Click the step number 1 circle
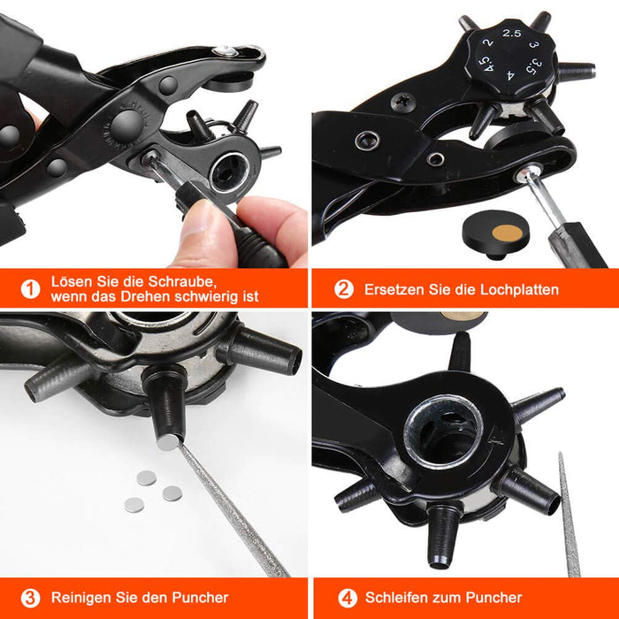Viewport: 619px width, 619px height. [30, 288]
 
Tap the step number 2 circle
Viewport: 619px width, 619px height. [343, 288]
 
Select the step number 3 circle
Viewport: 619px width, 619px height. [30, 598]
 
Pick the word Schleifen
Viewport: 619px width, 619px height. [395, 598]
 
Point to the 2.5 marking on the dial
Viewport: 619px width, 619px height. [511, 33]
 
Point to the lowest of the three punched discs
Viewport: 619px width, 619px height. [134, 504]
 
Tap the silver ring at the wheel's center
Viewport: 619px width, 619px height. [443, 434]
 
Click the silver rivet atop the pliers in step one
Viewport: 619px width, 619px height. [228, 50]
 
